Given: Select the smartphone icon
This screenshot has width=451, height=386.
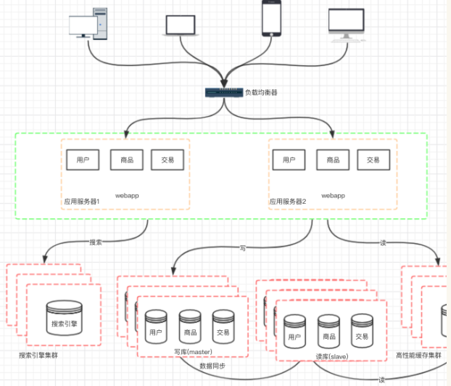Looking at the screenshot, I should click(271, 18).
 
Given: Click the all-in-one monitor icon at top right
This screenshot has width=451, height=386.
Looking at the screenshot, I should click(345, 24).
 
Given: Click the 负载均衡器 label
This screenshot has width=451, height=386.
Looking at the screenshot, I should click(261, 93).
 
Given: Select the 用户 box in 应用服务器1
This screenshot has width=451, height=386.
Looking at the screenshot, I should click(82, 160).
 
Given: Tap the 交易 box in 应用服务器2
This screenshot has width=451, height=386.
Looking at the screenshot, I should click(373, 160).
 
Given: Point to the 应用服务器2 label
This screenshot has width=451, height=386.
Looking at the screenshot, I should click(288, 200).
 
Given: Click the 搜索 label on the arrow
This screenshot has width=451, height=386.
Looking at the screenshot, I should click(95, 242).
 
